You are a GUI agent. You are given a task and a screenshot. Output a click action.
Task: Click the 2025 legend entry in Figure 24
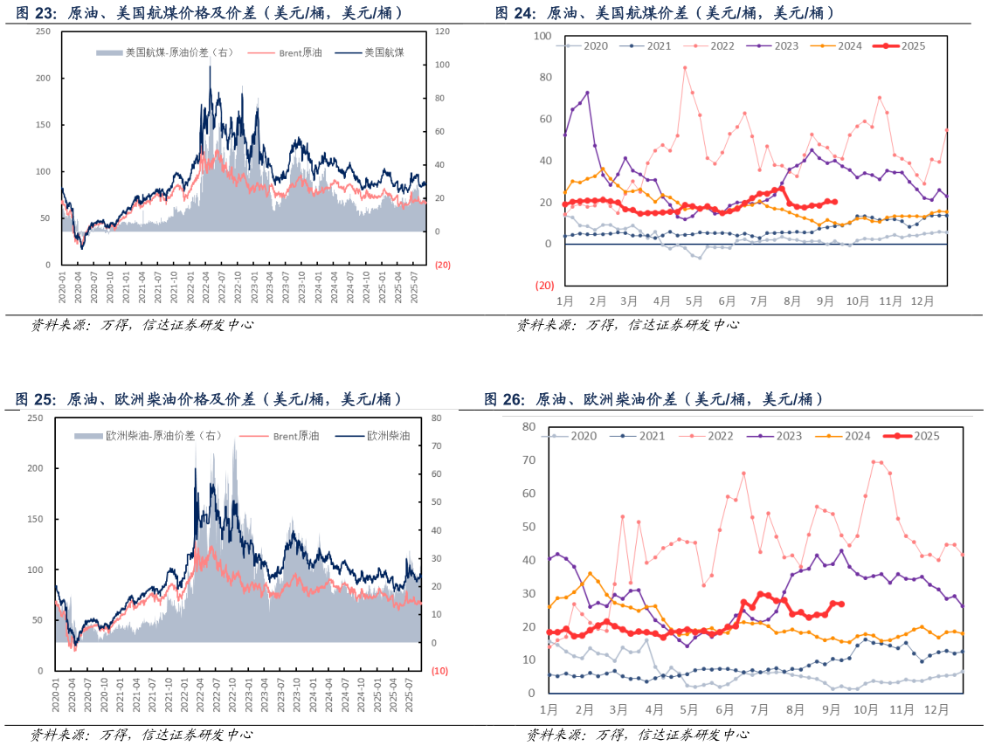pyautogui.click(x=904, y=45)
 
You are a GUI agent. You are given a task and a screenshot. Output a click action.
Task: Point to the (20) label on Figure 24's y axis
pyautogui.click(x=544, y=286)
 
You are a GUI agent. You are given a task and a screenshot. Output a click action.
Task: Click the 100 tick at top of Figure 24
pyautogui.click(x=542, y=36)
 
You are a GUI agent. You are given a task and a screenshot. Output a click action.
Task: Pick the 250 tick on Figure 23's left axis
pyautogui.click(x=44, y=31)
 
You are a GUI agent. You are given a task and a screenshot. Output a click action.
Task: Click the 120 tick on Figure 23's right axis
pyautogui.click(x=441, y=31)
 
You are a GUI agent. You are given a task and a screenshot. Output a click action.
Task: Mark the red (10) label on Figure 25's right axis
pyautogui.click(x=439, y=671)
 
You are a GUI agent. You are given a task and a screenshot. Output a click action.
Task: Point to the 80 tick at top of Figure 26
pyautogui.click(x=528, y=426)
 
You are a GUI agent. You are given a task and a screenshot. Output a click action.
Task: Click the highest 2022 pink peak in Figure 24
pyautogui.click(x=685, y=67)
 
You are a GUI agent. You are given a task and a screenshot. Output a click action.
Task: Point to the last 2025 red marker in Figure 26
pyautogui.click(x=840, y=604)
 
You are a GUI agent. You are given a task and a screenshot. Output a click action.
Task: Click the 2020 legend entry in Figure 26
pyautogui.click(x=576, y=435)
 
